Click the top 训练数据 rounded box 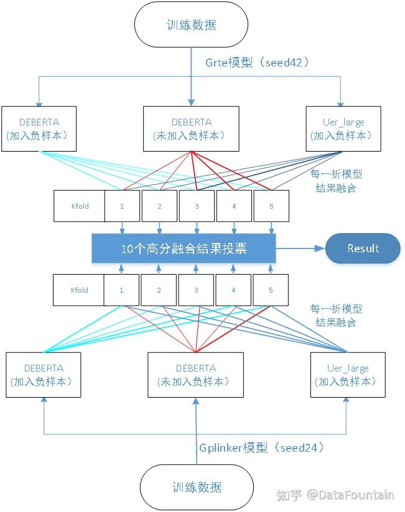point(192,25)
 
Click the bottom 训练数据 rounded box point(197,487)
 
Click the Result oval point(363,249)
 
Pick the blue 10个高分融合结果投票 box point(184,249)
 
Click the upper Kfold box point(79,206)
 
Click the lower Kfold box point(79,290)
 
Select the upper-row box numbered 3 point(197,206)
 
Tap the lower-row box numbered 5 point(271,290)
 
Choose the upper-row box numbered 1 point(121,206)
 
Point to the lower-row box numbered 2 point(159,290)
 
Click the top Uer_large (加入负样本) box point(343,129)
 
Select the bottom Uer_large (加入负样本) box point(348,375)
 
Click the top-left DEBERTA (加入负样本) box point(39,129)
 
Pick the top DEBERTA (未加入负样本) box point(191,129)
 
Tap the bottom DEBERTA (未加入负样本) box point(195,375)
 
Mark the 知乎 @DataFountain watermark point(335,495)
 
